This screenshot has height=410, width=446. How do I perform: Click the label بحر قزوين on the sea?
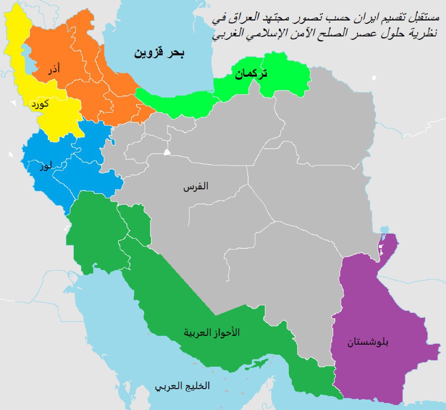point(159,53)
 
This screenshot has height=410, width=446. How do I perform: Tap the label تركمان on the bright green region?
point(251,74)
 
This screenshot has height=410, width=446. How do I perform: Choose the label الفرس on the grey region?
point(195,187)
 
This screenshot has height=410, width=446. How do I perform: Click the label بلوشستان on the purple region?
point(368,343)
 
